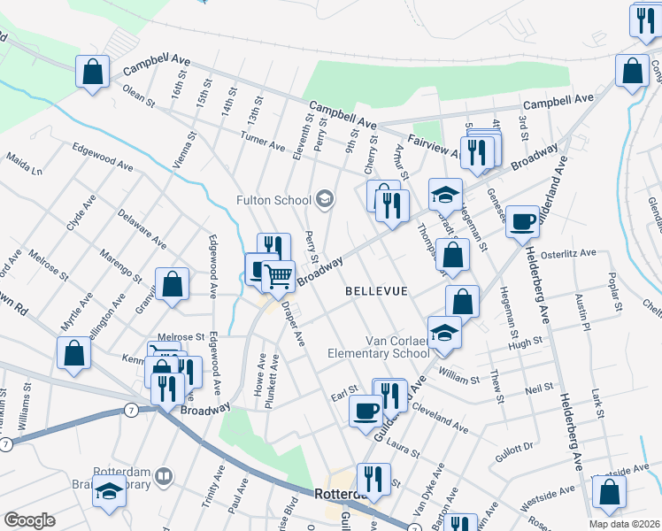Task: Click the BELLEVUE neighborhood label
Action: (376, 291)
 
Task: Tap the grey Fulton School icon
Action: (325, 198)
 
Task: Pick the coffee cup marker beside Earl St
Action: (366, 411)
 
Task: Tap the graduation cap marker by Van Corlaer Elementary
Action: (445, 333)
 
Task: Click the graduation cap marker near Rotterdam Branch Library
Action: (109, 491)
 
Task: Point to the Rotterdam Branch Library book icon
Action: (163, 478)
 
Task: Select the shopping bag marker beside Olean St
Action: (92, 73)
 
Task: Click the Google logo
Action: (30, 520)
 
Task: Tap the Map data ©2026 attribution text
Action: (624, 524)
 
